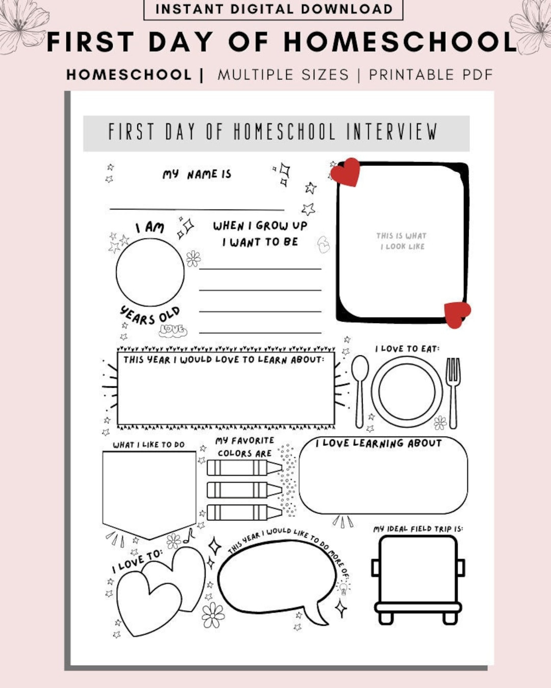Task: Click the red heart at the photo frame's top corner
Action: point(346,172)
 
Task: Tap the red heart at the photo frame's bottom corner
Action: point(457,313)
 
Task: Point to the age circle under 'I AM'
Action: point(150,272)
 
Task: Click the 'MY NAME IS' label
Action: point(197,174)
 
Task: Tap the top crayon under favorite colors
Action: point(244,467)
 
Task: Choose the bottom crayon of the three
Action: point(244,512)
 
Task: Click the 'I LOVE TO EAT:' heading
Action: point(407,349)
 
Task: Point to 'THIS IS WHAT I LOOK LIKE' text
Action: point(402,241)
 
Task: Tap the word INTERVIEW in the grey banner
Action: point(392,132)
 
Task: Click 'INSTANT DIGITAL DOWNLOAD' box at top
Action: point(273,9)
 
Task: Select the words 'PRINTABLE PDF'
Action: point(431,75)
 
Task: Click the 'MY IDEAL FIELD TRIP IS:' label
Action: point(418,529)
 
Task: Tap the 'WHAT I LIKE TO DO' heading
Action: point(148,444)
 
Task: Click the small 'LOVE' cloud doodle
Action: point(172,330)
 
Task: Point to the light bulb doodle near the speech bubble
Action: point(343,588)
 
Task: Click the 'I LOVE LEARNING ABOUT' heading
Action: point(379,443)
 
